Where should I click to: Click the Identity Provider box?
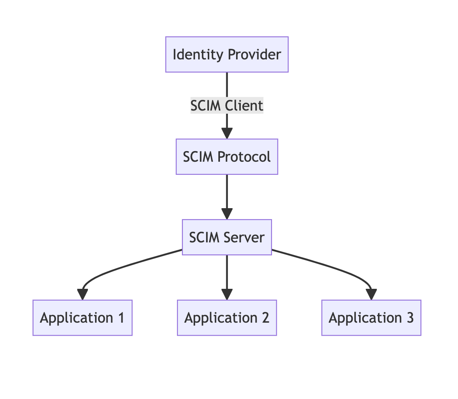coord(227,55)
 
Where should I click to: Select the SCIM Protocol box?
coord(227,157)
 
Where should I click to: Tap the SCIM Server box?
coord(227,237)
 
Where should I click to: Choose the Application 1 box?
coord(83,318)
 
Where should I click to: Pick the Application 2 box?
coord(227,318)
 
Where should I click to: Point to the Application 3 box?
coord(371,318)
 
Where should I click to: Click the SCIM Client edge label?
coord(227,105)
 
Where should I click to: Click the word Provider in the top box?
coord(254,55)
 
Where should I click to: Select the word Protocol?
coord(244,157)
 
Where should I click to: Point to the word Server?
coord(244,237)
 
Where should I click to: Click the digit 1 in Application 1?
coord(121,318)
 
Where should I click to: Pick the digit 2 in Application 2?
coord(266,318)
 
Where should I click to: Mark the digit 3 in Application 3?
coord(410,318)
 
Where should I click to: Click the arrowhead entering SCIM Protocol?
coord(227,133)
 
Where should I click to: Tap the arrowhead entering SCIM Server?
coord(227,214)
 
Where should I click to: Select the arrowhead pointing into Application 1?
coord(83,294)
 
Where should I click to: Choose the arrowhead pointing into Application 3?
coord(371,294)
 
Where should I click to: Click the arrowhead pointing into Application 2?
coord(227,294)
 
